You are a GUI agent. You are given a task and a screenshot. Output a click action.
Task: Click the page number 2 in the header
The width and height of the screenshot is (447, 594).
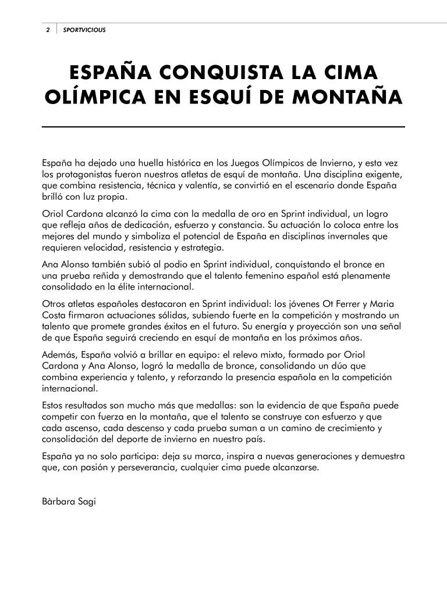pos(48,30)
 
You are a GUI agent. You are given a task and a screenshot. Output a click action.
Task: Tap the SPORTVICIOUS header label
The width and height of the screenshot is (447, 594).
pos(84,30)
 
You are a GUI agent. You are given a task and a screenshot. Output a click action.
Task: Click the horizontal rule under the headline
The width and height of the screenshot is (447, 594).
pos(223,126)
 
